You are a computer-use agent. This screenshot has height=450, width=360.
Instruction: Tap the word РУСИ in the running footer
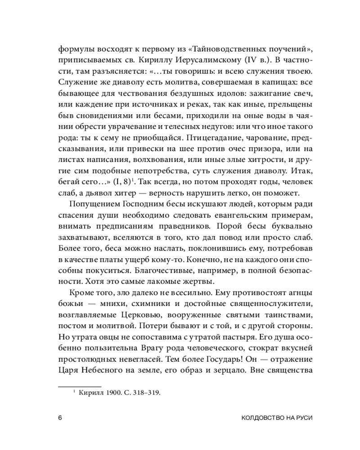click(301, 417)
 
